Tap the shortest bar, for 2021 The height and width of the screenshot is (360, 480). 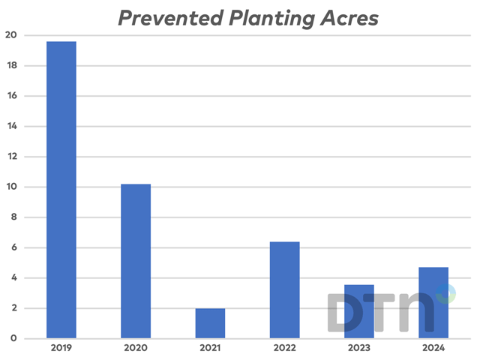pyautogui.click(x=210, y=323)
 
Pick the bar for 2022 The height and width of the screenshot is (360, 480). pyautogui.click(x=284, y=289)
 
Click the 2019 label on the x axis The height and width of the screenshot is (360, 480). pyautogui.click(x=61, y=349)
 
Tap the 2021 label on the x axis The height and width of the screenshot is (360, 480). pyautogui.click(x=210, y=349)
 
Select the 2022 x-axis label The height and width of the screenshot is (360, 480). pyautogui.click(x=284, y=349)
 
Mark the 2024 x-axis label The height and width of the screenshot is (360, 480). pyautogui.click(x=433, y=349)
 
